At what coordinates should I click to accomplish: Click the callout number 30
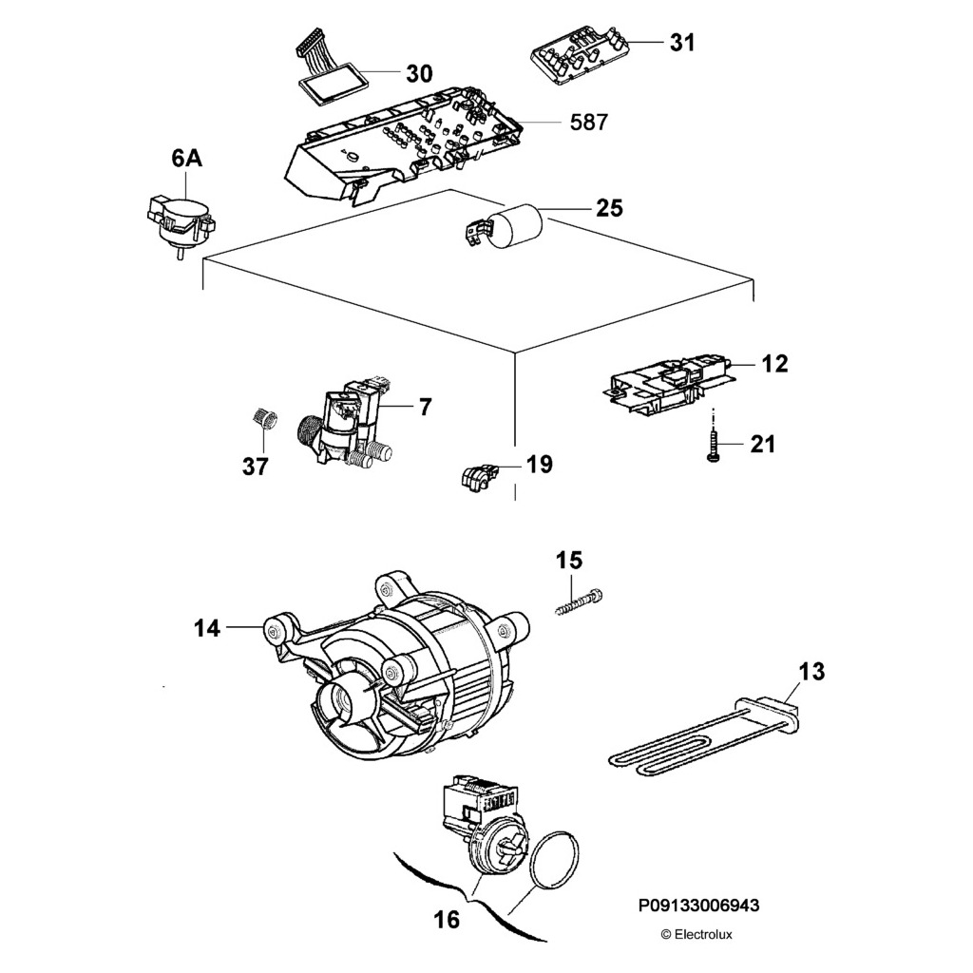click(x=419, y=73)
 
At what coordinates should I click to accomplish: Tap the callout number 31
click(x=681, y=43)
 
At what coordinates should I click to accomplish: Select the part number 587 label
click(x=588, y=122)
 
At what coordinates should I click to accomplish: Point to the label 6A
click(x=186, y=161)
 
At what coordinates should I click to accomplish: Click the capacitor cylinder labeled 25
click(x=518, y=227)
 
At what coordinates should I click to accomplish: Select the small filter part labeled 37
click(x=265, y=418)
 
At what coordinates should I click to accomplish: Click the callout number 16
click(x=446, y=919)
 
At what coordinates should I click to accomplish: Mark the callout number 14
click(x=207, y=628)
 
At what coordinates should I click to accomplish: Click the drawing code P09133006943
click(x=698, y=906)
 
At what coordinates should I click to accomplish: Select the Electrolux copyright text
click(x=696, y=934)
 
